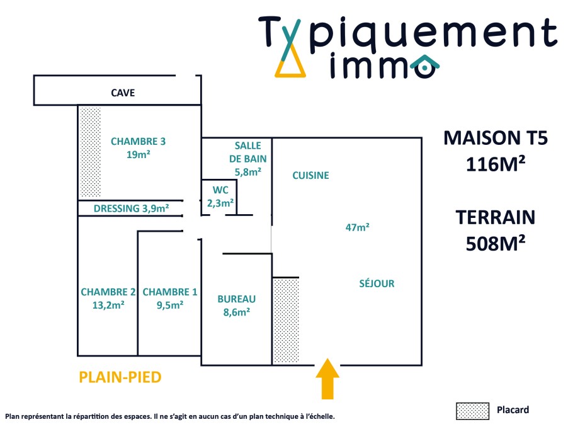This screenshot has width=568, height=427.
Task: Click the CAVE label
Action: (x=123, y=93)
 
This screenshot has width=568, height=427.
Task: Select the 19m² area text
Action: (x=138, y=154)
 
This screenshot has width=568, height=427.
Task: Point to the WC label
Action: (x=220, y=190)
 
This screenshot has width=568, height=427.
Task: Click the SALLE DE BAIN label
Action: (x=247, y=152)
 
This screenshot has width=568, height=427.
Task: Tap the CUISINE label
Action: (x=310, y=176)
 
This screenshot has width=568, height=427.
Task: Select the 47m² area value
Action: (x=357, y=227)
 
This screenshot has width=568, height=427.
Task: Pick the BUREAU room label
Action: (x=236, y=299)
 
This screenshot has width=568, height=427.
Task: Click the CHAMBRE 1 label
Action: (x=169, y=292)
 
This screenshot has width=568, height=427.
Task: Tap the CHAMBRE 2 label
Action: (x=108, y=292)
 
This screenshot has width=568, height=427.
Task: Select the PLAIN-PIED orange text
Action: (x=120, y=377)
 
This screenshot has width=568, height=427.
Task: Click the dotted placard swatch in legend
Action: (x=472, y=411)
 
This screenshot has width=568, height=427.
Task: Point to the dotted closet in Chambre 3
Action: (x=89, y=152)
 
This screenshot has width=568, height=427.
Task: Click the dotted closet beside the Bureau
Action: (x=285, y=320)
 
